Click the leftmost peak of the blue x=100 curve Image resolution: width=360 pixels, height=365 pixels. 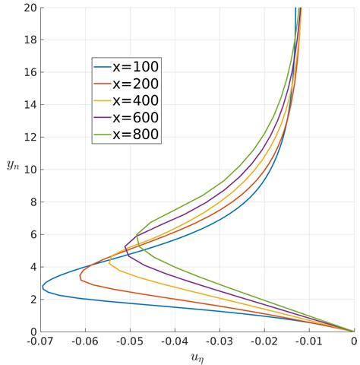pyautogui.click(x=43, y=287)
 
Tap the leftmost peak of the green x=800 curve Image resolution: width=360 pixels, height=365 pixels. pyautogui.click(x=137, y=236)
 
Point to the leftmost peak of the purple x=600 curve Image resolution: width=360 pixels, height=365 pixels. pyautogui.click(x=125, y=247)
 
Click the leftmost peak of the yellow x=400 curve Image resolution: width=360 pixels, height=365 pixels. pyautogui.click(x=109, y=262)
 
